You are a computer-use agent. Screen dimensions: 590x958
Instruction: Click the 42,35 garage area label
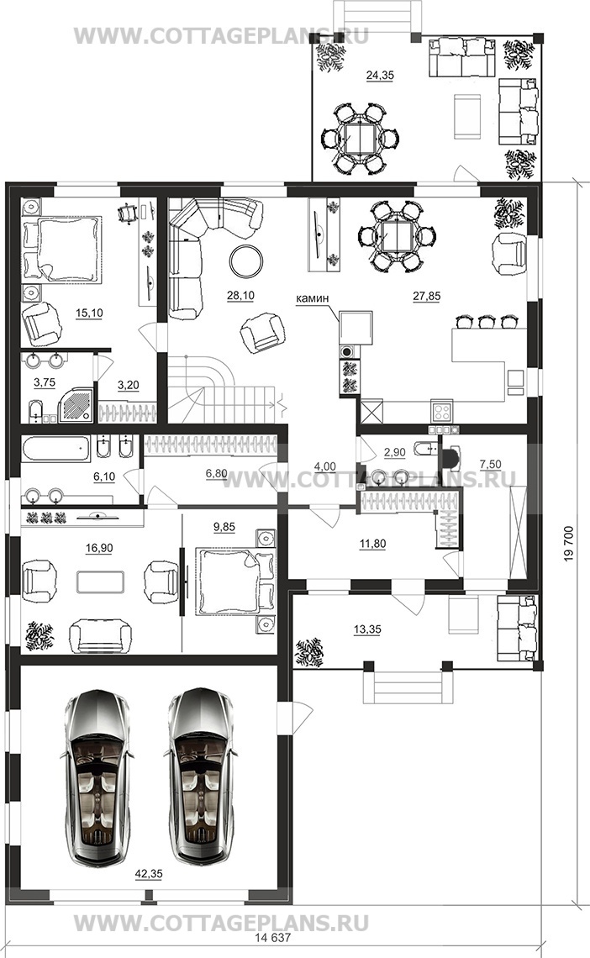pyautogui.click(x=149, y=874)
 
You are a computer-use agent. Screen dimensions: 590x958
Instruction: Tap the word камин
pyautogui.click(x=312, y=298)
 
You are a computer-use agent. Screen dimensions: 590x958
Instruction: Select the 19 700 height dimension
pyautogui.click(x=569, y=545)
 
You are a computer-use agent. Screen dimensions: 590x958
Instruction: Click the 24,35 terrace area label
pyautogui.click(x=380, y=76)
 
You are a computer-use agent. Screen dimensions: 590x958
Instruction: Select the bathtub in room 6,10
pyautogui.click(x=56, y=450)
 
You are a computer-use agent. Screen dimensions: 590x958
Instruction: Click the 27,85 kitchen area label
pyautogui.click(x=426, y=297)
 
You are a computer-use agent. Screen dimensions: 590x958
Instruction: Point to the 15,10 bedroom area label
pyautogui.click(x=89, y=313)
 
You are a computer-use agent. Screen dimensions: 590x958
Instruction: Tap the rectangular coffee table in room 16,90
pyautogui.click(x=101, y=582)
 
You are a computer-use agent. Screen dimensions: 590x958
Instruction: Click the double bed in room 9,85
pyautogui.click(x=230, y=581)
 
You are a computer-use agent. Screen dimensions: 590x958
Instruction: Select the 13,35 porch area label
pyautogui.click(x=367, y=629)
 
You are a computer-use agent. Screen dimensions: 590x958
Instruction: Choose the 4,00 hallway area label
pyautogui.click(x=325, y=466)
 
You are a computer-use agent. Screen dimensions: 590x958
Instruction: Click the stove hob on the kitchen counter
pyautogui.click(x=441, y=409)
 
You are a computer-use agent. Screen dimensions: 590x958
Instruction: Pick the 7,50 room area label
pyautogui.click(x=490, y=465)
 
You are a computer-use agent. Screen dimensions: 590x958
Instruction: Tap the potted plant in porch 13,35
pyautogui.click(x=309, y=652)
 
